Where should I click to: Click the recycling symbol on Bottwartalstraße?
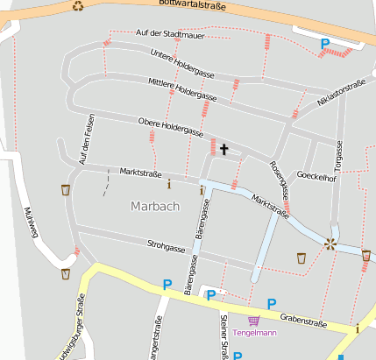[x=78, y=6]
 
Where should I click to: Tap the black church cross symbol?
[x=223, y=150]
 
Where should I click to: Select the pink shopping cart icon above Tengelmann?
[x=253, y=321]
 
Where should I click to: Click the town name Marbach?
[x=154, y=207]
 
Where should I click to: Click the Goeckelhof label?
[x=316, y=175]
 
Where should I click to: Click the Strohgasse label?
[x=167, y=248]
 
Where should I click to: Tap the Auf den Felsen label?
[x=85, y=140]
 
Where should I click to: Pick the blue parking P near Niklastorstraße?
[x=325, y=43]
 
